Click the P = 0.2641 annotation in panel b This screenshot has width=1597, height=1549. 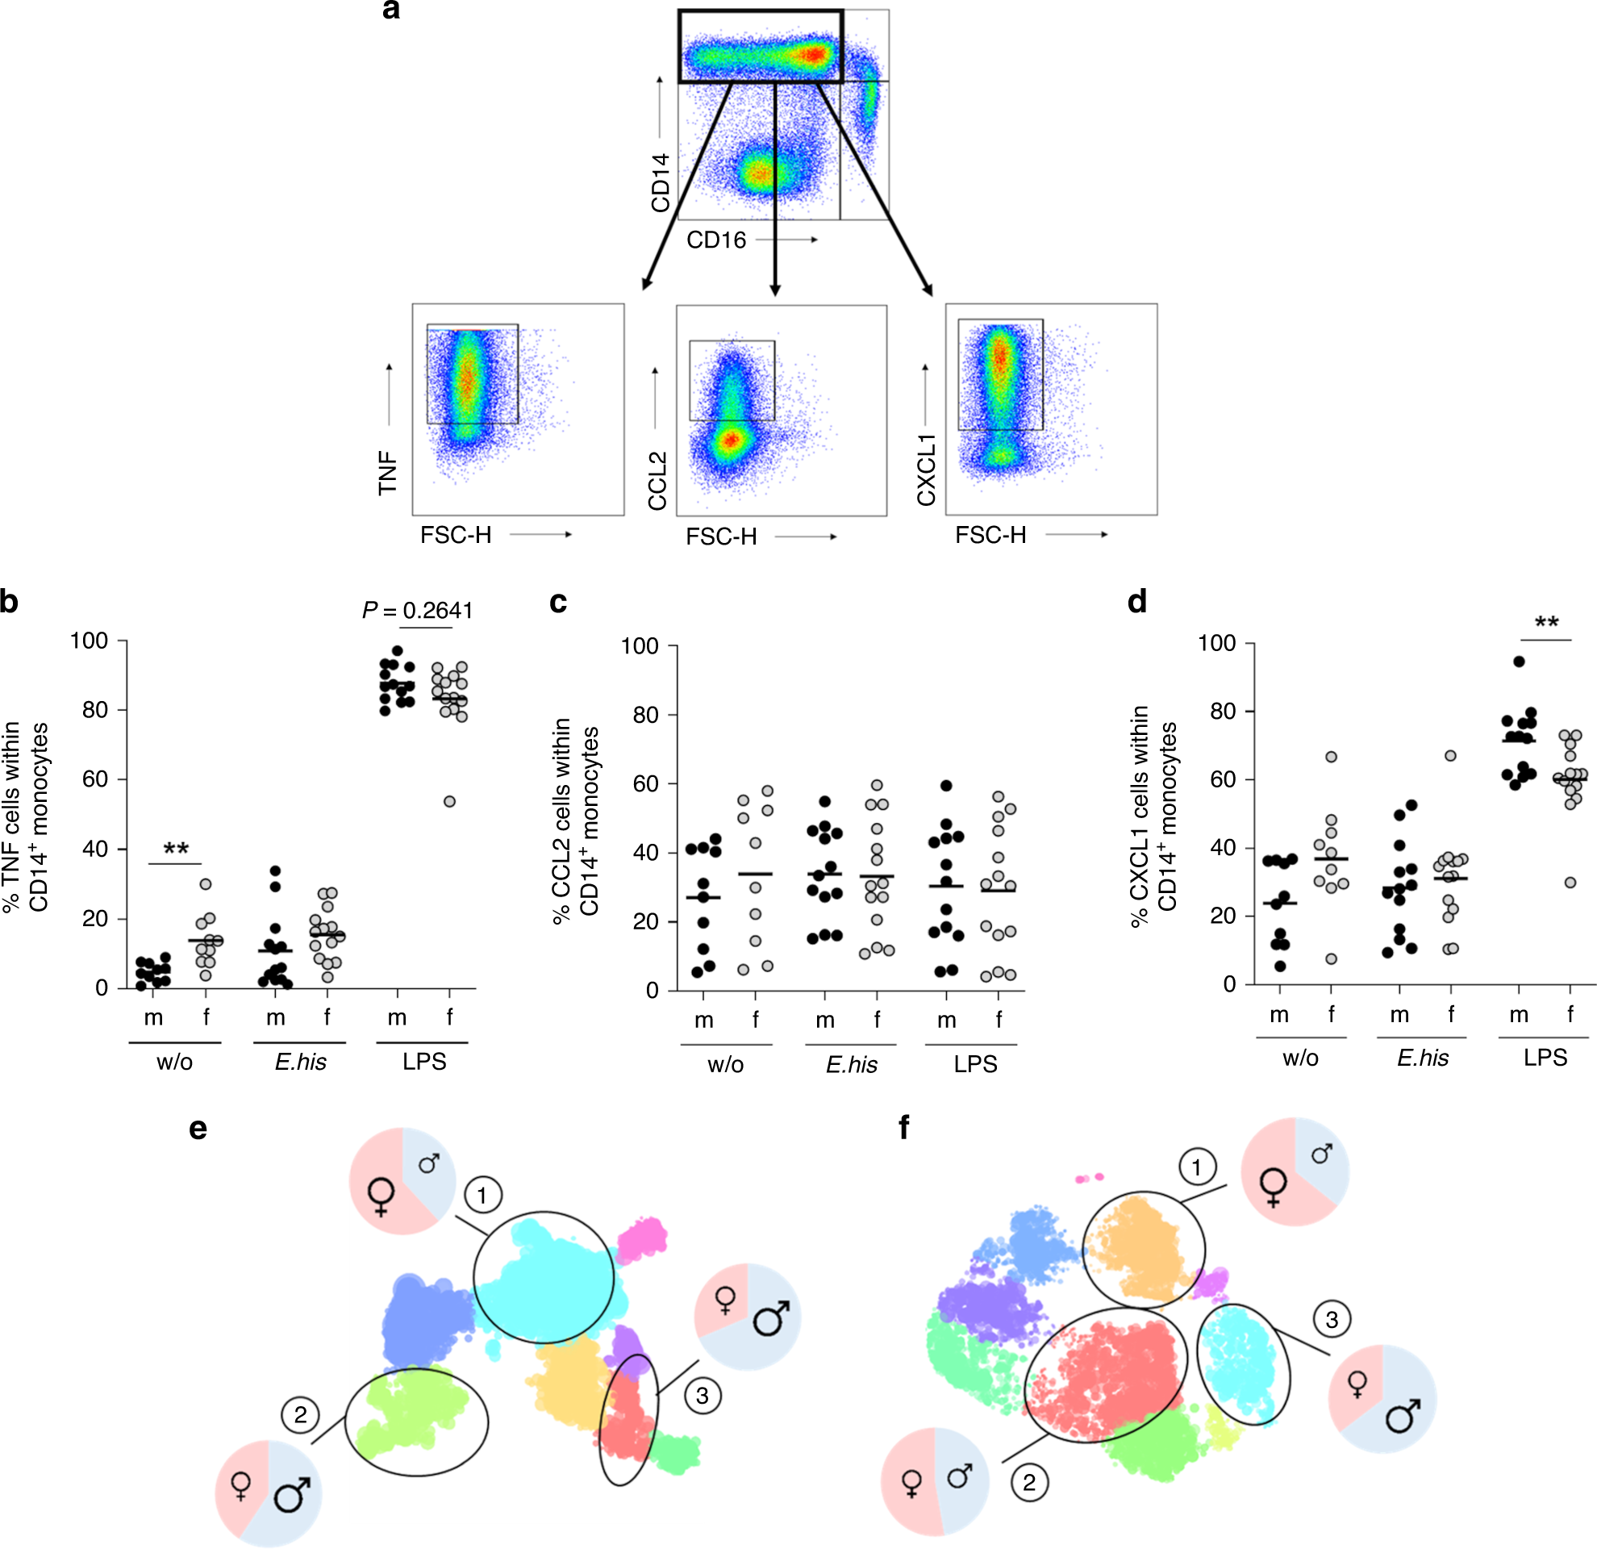click(x=417, y=610)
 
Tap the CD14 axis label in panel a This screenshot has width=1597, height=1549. click(x=660, y=182)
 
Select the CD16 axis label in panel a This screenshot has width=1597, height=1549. click(x=716, y=240)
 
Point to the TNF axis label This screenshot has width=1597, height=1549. click(x=388, y=473)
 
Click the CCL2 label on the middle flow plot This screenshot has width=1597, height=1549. click(x=657, y=481)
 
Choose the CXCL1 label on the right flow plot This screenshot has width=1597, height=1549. click(x=927, y=470)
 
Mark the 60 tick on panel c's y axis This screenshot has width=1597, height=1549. click(x=645, y=784)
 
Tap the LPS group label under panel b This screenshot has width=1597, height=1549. click(x=423, y=1062)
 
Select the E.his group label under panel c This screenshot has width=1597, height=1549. click(x=852, y=1064)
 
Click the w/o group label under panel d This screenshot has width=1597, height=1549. click(x=1299, y=1058)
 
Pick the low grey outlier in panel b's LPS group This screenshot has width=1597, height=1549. click(x=449, y=802)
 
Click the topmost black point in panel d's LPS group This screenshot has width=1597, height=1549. click(x=1519, y=662)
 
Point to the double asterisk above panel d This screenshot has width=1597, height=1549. click(x=1546, y=624)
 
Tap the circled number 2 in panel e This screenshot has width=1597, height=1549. click(x=301, y=1414)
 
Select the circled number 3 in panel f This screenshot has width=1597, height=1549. click(x=1332, y=1319)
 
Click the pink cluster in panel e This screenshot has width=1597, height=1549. click(x=642, y=1240)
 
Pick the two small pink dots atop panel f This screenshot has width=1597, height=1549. click(x=1090, y=1177)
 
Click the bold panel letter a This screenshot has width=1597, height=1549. click(x=391, y=10)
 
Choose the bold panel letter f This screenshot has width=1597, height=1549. click(x=903, y=1128)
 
